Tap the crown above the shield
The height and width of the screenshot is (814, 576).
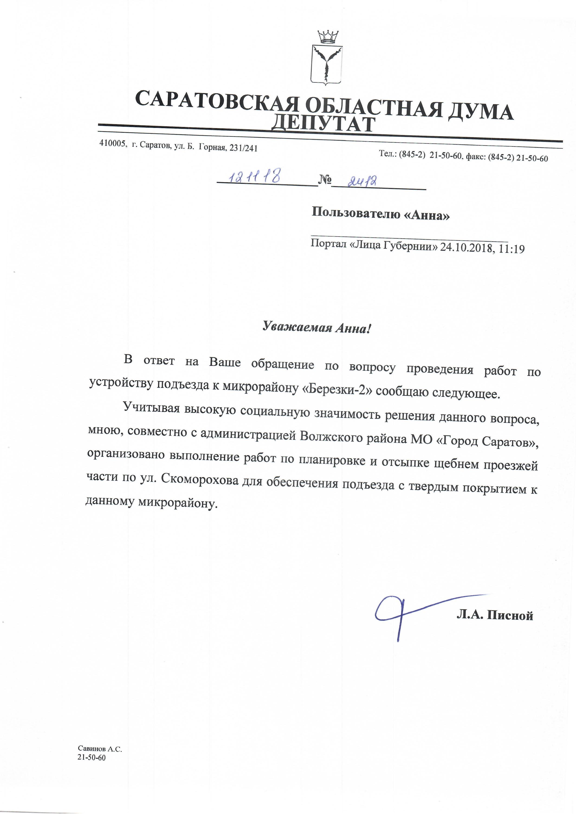click(x=327, y=36)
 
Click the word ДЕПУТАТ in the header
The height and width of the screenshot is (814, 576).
click(x=325, y=124)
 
